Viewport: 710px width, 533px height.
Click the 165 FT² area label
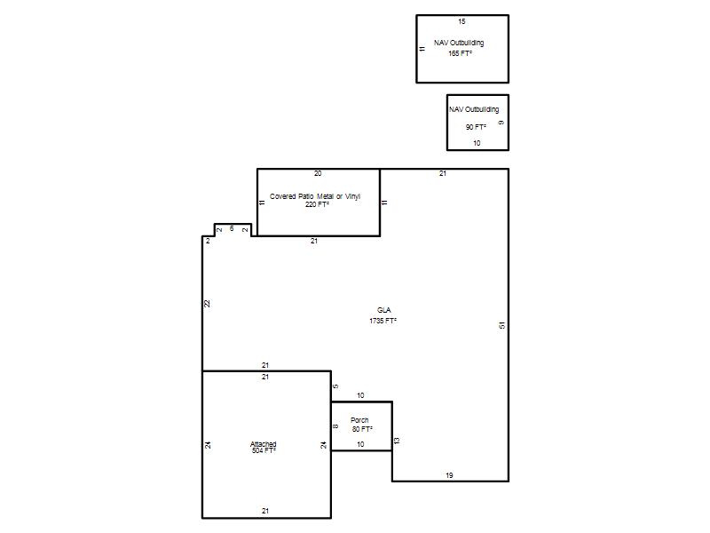460,53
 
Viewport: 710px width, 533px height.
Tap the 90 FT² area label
476,127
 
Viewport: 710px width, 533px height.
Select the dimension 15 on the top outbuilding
461,21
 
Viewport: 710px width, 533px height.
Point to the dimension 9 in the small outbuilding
501,123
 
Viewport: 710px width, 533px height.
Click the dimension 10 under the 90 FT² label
477,143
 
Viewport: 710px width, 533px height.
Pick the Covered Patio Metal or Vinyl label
315,196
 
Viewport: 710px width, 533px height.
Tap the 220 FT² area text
317,204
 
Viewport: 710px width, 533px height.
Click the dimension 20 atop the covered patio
318,173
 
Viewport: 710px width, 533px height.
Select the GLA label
383,310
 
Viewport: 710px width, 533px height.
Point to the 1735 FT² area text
383,321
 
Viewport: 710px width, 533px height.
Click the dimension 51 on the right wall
501,325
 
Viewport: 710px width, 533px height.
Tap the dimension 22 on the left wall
207,304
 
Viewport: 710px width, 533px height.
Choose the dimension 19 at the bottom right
449,475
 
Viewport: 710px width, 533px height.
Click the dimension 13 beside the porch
397,441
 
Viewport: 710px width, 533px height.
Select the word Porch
359,420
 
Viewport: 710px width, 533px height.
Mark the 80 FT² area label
362,429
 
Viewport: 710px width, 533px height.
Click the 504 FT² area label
264,450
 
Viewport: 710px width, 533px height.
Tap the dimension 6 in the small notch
232,228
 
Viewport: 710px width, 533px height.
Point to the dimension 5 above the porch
335,386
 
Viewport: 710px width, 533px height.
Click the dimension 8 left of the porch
335,426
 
